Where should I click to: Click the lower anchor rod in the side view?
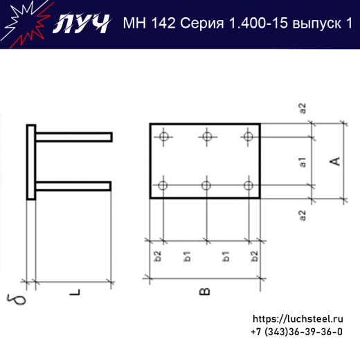pyautogui.click(x=73, y=185)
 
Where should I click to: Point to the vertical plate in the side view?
pyautogui.click(x=31, y=162)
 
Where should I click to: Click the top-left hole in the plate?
pyautogui.click(x=163, y=136)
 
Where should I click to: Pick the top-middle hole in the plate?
pyautogui.click(x=206, y=136)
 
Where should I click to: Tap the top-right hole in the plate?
pyautogui.click(x=248, y=136)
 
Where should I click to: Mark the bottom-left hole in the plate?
pyautogui.click(x=163, y=185)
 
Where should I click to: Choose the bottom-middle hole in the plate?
pyautogui.click(x=206, y=185)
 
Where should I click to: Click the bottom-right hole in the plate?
pyautogui.click(x=248, y=185)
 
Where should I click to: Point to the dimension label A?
pyautogui.click(x=334, y=161)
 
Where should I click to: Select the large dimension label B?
pyautogui.click(x=204, y=292)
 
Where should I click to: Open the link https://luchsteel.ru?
pyautogui.click(x=298, y=319)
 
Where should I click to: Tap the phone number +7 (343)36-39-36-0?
pyautogui.click(x=296, y=332)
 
